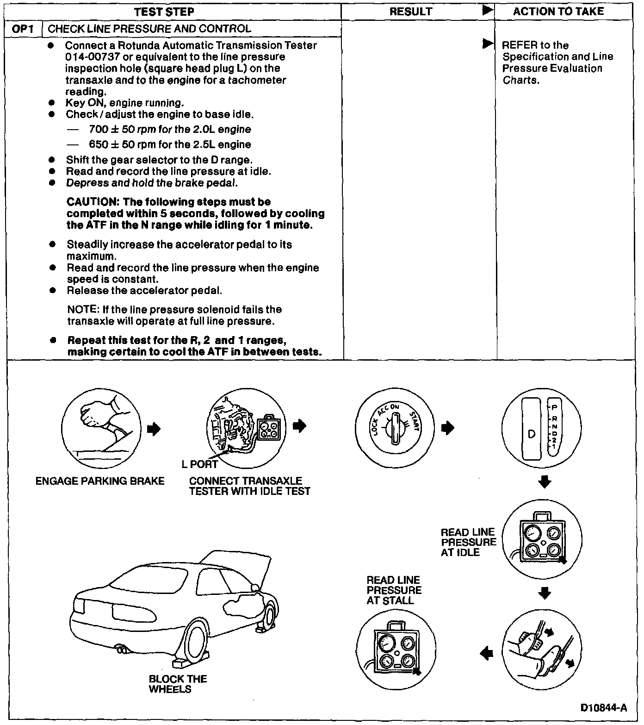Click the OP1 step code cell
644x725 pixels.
24,29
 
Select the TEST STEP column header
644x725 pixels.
164,12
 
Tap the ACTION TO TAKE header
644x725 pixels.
558,12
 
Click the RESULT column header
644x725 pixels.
411,12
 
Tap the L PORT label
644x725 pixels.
199,464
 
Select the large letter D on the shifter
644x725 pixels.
532,434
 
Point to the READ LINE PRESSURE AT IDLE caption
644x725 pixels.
468,542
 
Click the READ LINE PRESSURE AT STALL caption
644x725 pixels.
394,590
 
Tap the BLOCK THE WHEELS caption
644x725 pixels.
177,684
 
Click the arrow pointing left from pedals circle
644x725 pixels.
487,653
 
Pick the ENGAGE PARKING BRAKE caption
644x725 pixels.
100,481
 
